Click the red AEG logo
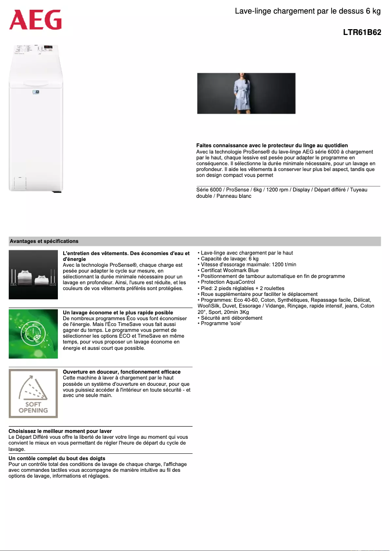35,20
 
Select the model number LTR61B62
362,33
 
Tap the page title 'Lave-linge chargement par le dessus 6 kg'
307,11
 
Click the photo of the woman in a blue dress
246,93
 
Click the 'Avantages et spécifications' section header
44,241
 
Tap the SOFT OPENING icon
33,394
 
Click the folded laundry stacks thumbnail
33,275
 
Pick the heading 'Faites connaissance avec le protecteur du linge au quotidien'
279,146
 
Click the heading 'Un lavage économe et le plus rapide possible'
118,312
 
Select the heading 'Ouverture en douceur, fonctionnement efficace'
122,372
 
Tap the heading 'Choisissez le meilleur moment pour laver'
60,431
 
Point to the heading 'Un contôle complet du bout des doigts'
57,458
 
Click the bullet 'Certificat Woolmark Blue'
230,270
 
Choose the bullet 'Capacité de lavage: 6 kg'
230,258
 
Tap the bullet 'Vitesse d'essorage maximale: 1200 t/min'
248,264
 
